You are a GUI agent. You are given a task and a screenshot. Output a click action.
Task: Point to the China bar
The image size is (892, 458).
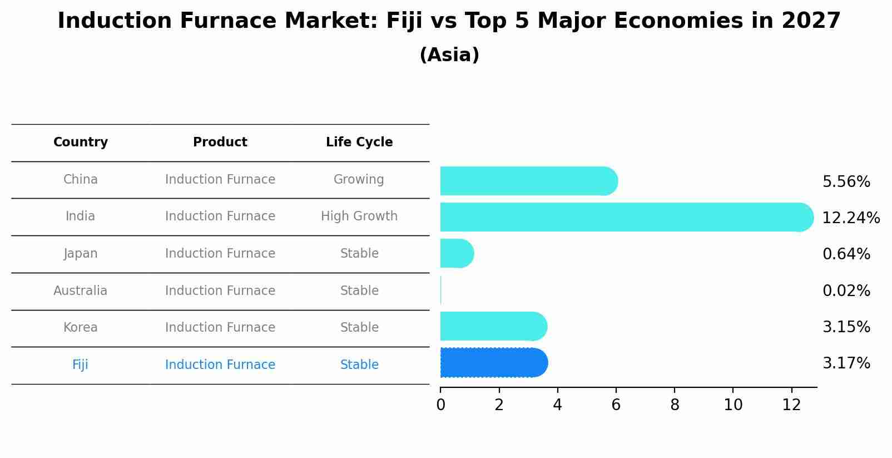[x=529, y=181]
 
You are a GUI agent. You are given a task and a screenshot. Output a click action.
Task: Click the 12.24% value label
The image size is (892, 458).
[x=851, y=218]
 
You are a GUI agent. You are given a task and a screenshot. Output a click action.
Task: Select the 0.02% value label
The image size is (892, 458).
[x=846, y=291]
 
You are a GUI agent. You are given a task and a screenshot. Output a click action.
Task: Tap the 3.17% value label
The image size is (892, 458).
[x=846, y=363]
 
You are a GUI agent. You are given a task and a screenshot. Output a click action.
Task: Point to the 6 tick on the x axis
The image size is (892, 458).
[x=616, y=405]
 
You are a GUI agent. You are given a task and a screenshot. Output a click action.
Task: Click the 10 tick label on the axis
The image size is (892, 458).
[x=733, y=405]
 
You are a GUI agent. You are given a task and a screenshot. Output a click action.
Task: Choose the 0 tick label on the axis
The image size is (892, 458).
[x=440, y=405]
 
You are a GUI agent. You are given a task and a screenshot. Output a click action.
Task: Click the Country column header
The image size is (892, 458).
[x=81, y=142]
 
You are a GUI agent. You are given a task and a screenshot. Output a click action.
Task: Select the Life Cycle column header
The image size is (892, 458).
[x=359, y=142]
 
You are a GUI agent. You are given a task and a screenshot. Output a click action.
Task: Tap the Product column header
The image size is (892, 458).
[x=220, y=142]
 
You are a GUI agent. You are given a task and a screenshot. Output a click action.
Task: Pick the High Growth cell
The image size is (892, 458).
[x=359, y=216]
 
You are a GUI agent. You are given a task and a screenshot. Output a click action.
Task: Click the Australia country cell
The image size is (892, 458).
[x=81, y=291]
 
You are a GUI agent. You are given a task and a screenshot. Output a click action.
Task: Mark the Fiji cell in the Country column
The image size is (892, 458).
[x=80, y=365]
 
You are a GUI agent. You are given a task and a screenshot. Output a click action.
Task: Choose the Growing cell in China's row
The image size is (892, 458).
[x=359, y=180]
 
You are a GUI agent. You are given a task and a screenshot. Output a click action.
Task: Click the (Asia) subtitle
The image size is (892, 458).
[x=449, y=55]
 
